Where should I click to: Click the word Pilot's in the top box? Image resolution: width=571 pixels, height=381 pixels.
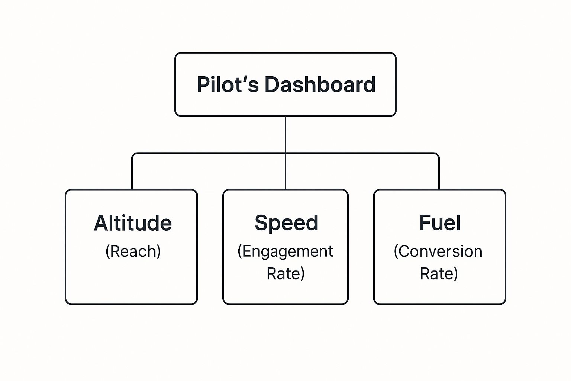click(x=227, y=84)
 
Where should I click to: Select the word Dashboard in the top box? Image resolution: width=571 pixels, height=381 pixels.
click(x=320, y=84)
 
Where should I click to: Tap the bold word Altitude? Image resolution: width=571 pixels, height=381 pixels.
click(x=133, y=223)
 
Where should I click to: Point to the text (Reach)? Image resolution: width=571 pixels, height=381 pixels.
click(x=133, y=251)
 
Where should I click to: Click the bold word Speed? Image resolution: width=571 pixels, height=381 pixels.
click(x=286, y=223)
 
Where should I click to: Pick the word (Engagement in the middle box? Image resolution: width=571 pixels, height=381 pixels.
click(x=285, y=252)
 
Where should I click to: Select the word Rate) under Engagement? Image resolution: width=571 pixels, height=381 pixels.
click(x=285, y=274)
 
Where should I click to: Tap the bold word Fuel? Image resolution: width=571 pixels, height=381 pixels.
click(x=440, y=223)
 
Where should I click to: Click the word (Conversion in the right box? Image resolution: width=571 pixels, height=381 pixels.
click(x=438, y=252)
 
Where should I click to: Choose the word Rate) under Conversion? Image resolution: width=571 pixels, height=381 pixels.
click(x=439, y=274)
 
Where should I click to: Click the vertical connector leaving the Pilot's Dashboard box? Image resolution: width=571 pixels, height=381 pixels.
click(x=285, y=134)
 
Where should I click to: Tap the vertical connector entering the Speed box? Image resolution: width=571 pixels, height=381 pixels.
click(x=285, y=173)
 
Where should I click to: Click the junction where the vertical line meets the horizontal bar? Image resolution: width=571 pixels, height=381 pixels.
click(x=285, y=153)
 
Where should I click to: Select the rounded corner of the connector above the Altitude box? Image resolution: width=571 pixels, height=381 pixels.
click(x=133, y=154)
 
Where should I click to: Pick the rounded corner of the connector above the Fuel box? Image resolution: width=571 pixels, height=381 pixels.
click(x=438, y=154)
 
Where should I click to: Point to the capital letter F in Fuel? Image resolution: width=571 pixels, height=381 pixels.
click(x=425, y=223)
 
